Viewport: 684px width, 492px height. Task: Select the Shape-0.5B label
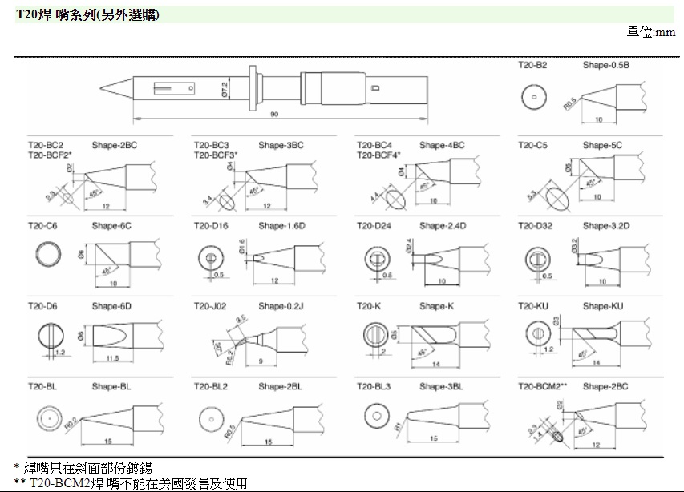605,65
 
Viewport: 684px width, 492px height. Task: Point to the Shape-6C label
111,226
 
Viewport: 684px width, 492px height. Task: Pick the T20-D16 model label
211,226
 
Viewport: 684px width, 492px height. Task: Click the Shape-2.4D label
442,226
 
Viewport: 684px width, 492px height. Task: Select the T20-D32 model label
535,226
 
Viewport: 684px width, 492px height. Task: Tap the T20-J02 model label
210,306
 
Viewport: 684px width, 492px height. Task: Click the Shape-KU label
603,306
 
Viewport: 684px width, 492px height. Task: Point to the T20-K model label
369,306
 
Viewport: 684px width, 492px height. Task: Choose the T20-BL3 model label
374,386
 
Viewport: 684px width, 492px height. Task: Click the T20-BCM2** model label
542,386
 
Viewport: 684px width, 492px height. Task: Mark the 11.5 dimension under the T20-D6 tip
111,357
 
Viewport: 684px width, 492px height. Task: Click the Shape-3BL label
441,386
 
